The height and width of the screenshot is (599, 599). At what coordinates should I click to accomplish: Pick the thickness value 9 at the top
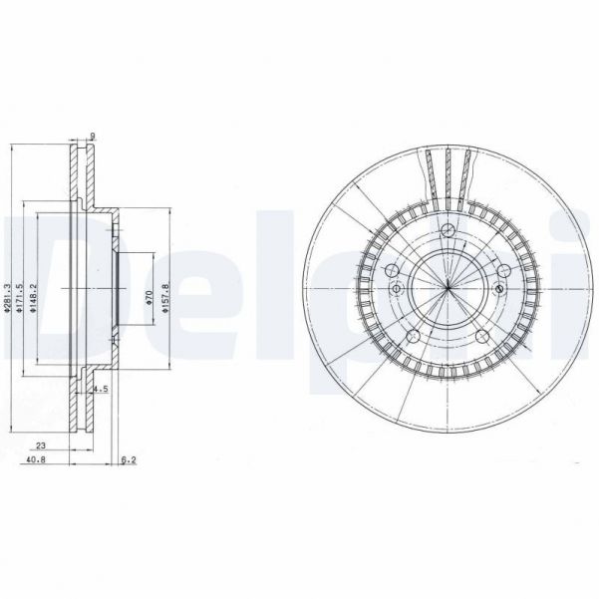coord(92,137)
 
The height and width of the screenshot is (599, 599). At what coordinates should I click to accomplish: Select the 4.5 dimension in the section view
coord(100,389)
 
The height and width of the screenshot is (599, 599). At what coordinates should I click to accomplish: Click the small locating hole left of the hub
coord(397,290)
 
